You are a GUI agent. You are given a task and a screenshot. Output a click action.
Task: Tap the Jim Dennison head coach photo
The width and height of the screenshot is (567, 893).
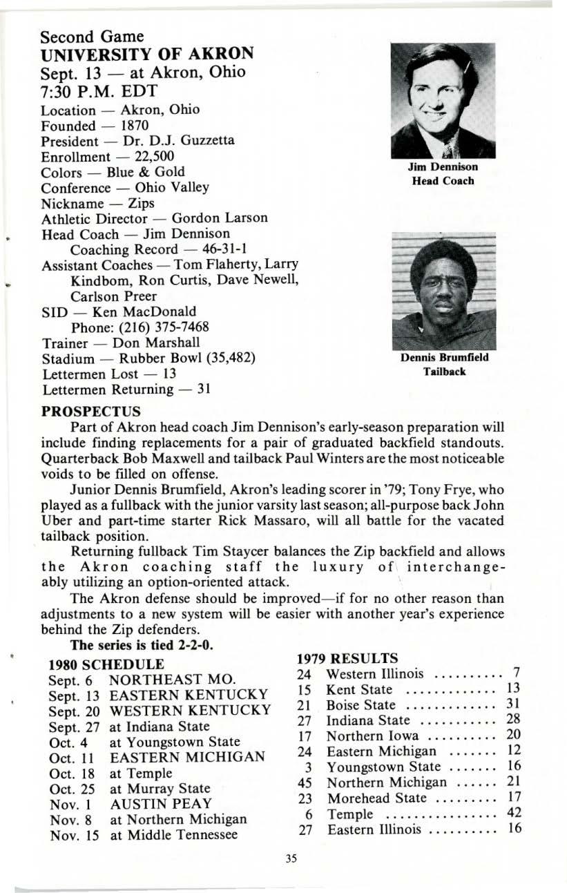442,100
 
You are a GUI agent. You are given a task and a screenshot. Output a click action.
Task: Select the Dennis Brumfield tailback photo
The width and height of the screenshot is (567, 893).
442,290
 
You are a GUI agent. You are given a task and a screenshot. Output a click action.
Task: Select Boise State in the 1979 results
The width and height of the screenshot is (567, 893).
361,705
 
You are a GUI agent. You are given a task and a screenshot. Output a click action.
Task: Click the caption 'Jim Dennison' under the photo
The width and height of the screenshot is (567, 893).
442,166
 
